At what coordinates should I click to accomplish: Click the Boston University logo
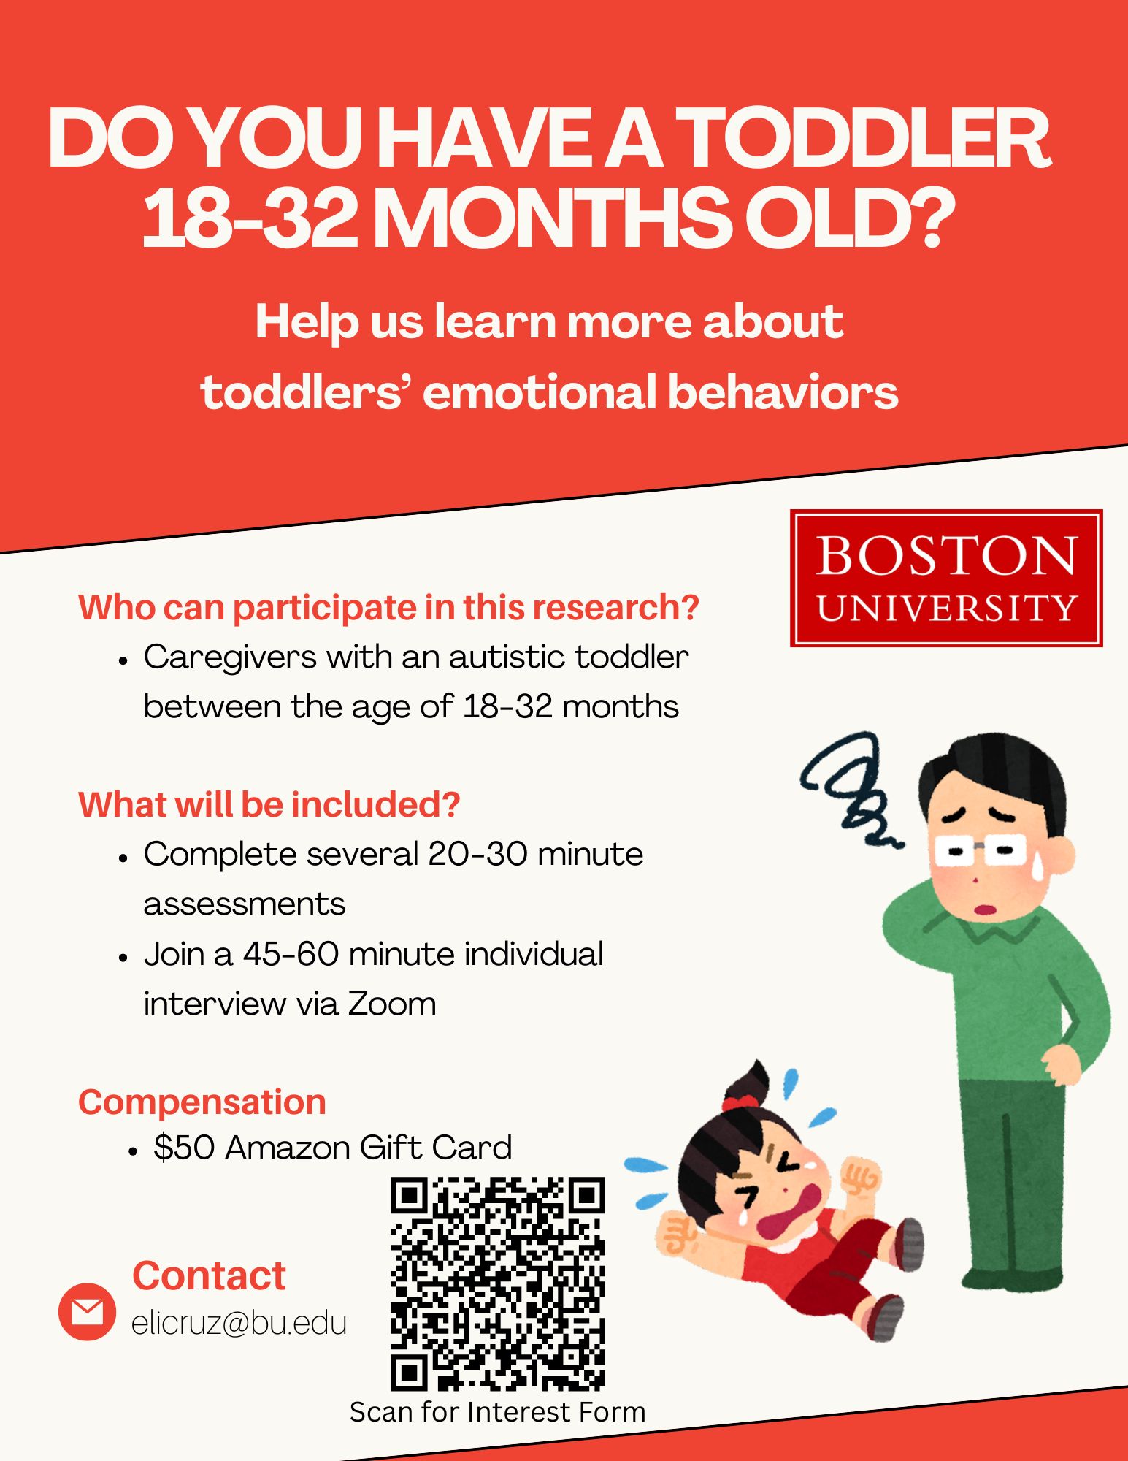(x=946, y=578)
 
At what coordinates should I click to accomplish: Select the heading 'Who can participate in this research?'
(x=388, y=608)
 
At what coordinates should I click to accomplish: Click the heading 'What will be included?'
(x=269, y=804)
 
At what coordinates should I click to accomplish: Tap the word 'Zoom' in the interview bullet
(x=392, y=1004)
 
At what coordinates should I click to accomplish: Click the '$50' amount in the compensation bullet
(x=184, y=1148)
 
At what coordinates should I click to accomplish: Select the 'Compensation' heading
(x=202, y=1102)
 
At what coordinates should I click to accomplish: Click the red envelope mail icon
(x=87, y=1311)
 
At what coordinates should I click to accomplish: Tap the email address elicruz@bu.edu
(x=239, y=1324)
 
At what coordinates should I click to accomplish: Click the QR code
(x=498, y=1283)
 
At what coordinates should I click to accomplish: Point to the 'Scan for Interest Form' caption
(x=498, y=1411)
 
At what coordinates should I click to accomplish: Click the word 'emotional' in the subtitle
(x=540, y=392)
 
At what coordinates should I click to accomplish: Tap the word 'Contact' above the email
(x=209, y=1275)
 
